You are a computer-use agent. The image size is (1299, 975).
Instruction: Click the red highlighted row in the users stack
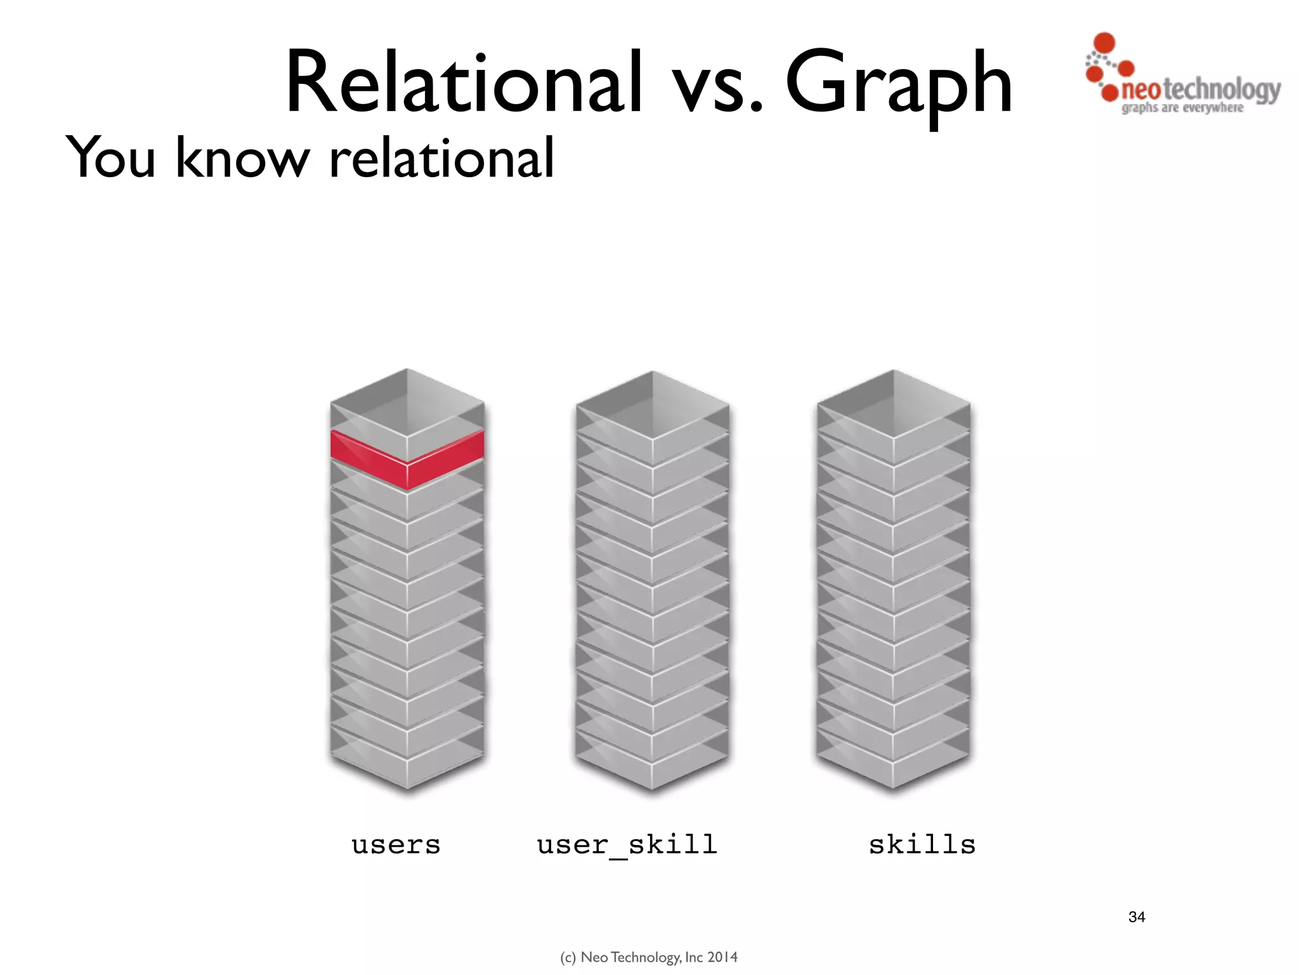(x=407, y=458)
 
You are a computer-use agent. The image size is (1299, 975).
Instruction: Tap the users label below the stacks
(x=396, y=845)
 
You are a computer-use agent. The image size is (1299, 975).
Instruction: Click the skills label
(x=922, y=845)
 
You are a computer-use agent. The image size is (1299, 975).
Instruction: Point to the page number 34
(x=1137, y=917)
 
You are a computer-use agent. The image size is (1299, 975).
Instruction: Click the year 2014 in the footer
(x=722, y=957)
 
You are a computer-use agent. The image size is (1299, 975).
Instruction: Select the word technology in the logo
(x=1221, y=90)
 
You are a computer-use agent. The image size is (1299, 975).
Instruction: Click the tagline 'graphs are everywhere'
(x=1182, y=108)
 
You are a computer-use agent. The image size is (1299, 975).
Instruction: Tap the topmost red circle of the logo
(x=1104, y=43)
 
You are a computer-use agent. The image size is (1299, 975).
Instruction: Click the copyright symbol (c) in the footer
(x=568, y=957)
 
